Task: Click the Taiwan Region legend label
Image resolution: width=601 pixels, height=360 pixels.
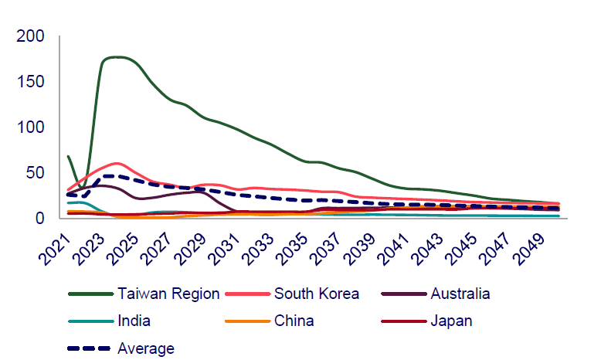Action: tap(168, 294)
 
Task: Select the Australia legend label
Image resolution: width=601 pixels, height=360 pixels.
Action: tap(460, 294)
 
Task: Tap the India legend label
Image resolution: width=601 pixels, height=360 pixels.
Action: tap(134, 321)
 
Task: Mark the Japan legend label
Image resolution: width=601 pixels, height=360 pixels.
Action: tap(450, 321)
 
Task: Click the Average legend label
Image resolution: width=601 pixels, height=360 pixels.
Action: tap(146, 348)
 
